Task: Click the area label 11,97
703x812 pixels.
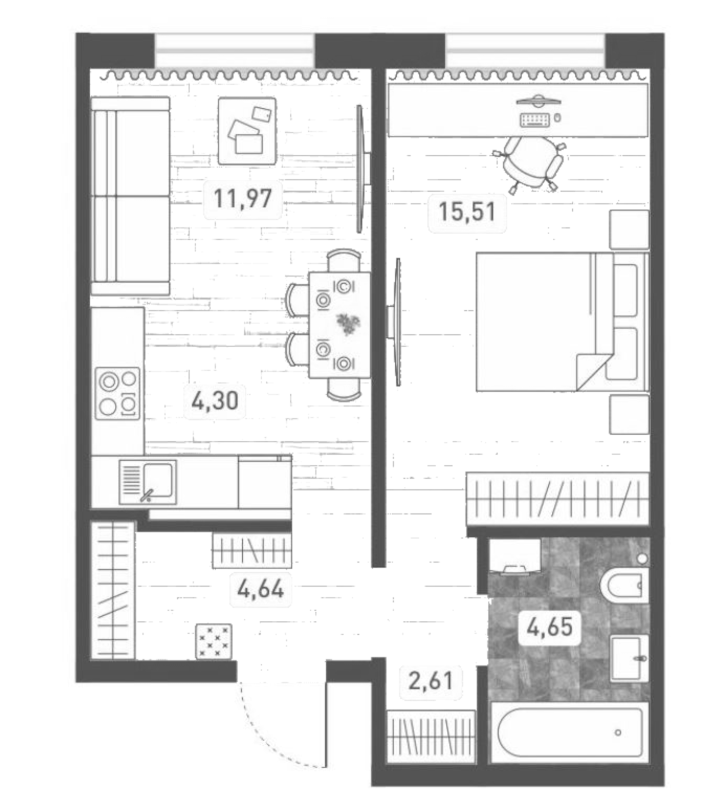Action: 243,198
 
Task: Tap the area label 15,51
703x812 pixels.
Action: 467,212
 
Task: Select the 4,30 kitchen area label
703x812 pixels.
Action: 215,401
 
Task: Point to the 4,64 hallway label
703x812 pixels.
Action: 261,589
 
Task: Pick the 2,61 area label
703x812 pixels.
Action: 430,680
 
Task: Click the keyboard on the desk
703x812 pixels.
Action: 535,119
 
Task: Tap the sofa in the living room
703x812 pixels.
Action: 130,196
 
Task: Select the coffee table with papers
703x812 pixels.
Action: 247,131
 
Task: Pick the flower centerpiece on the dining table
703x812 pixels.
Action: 348,324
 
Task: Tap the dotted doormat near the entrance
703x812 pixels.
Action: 213,641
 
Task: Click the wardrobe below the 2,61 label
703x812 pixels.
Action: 431,736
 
